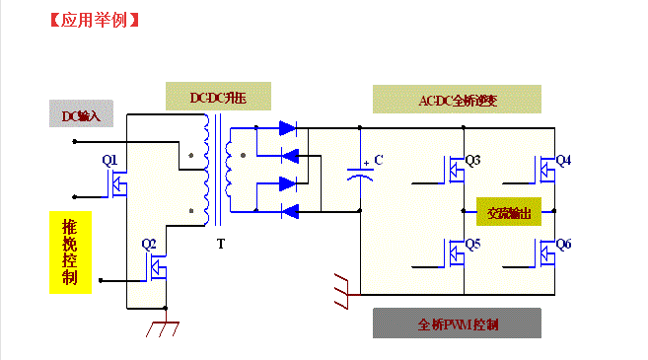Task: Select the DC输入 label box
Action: pyautogui.click(x=81, y=115)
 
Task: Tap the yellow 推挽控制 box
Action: pyautogui.click(x=70, y=252)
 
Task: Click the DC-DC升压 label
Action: pyautogui.click(x=218, y=98)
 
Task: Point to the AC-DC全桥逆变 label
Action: pyautogui.click(x=458, y=100)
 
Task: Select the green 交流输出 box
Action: pyautogui.click(x=509, y=212)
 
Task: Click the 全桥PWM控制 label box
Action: pyautogui.click(x=458, y=324)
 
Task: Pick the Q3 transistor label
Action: pyautogui.click(x=472, y=160)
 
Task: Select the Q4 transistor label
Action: pyautogui.click(x=563, y=160)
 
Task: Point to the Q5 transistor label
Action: pyautogui.click(x=472, y=244)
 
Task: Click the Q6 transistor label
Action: pyautogui.click(x=563, y=244)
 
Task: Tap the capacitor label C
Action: pyautogui.click(x=378, y=160)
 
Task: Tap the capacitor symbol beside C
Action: pyautogui.click(x=361, y=174)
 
